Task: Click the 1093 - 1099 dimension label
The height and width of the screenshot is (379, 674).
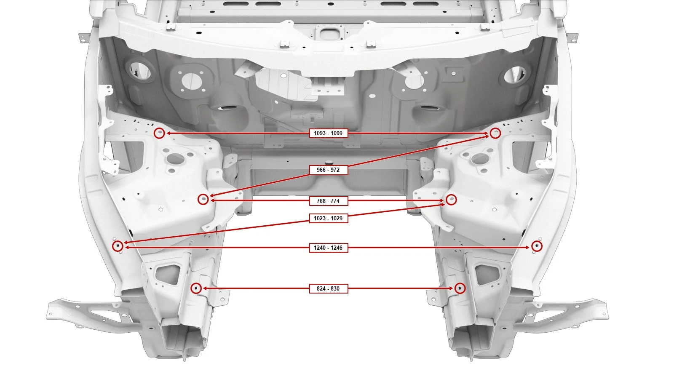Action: click(x=329, y=133)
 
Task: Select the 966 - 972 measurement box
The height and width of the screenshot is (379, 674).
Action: click(x=329, y=170)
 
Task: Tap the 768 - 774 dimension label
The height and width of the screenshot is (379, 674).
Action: click(x=329, y=201)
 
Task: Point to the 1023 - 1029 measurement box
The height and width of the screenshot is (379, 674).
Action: click(x=329, y=218)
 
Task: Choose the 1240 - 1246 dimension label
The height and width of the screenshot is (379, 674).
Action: click(x=329, y=248)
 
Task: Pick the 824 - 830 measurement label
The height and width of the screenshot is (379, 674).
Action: click(x=329, y=288)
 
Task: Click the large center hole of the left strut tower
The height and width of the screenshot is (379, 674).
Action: click(x=175, y=158)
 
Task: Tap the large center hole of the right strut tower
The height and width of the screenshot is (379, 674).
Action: click(x=480, y=158)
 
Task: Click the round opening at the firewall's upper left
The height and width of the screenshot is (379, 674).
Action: click(x=141, y=71)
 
